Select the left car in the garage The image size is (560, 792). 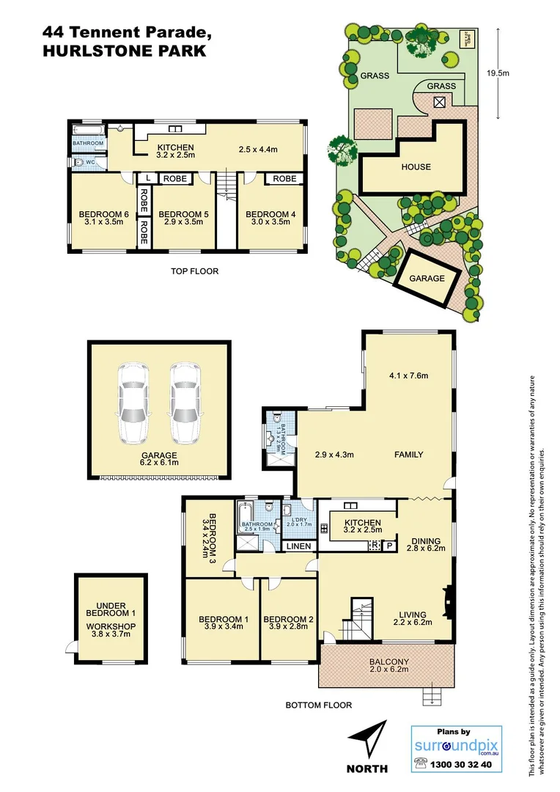[133, 403]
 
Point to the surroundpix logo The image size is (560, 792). [456, 747]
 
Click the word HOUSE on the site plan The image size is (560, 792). [416, 166]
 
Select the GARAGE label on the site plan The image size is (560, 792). [427, 279]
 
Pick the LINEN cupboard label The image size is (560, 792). [298, 546]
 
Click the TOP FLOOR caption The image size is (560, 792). [194, 271]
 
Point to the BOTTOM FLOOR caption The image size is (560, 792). [318, 705]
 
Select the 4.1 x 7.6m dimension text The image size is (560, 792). [408, 376]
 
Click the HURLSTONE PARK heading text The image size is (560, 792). [124, 51]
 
